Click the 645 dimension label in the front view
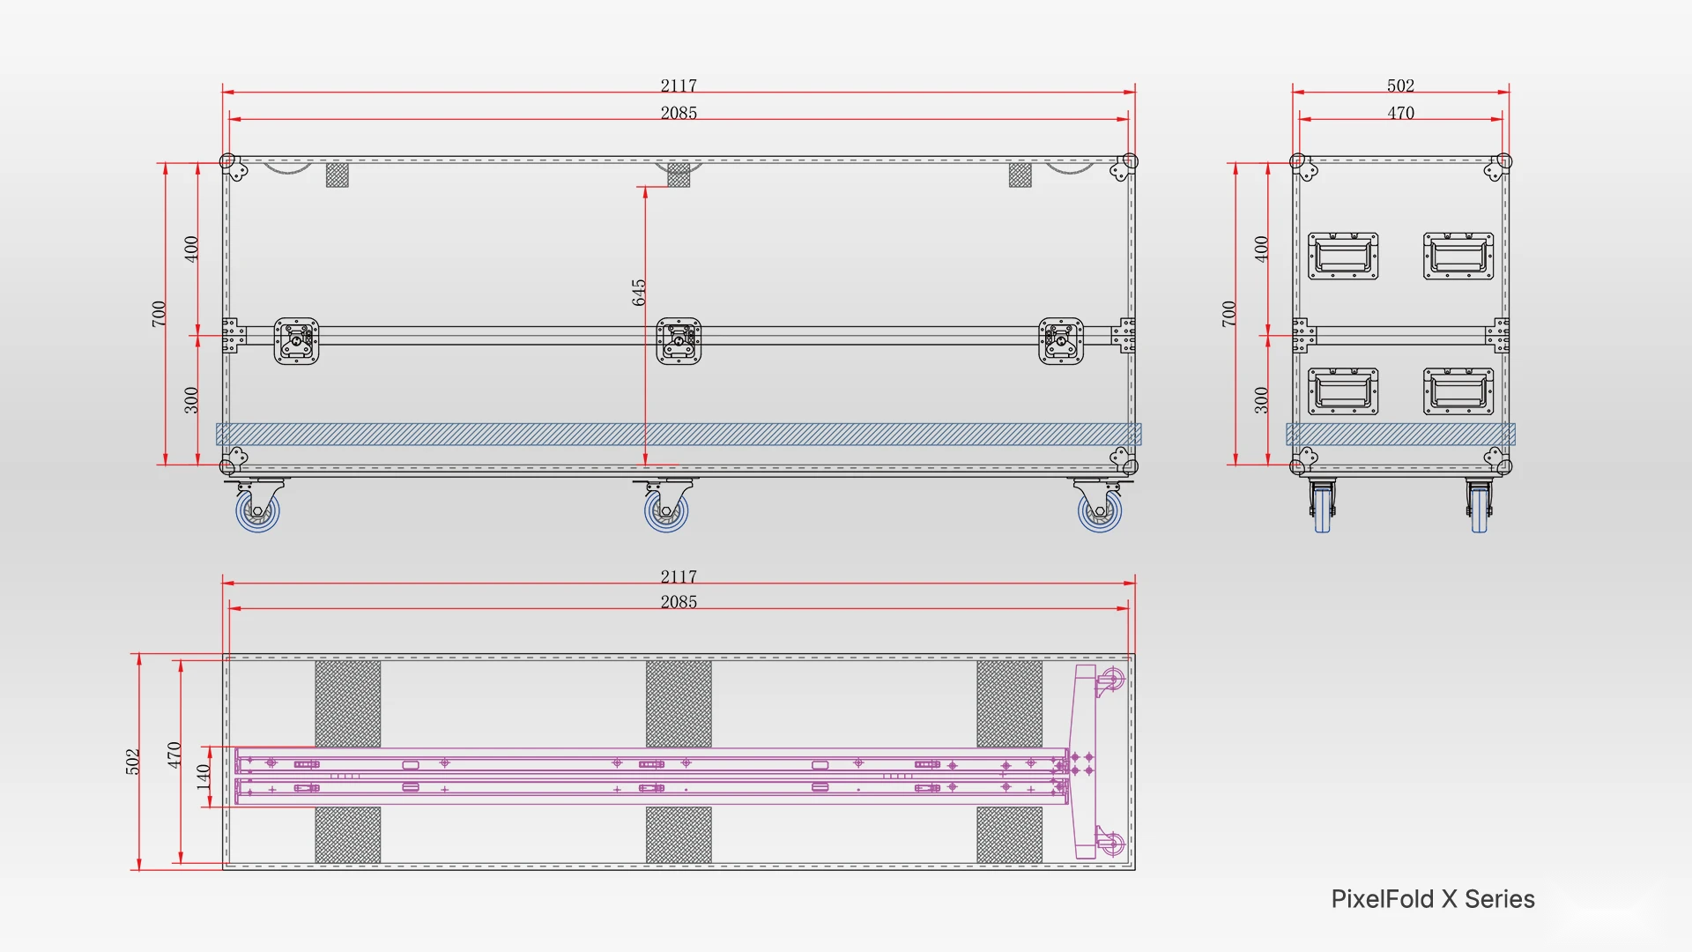(639, 293)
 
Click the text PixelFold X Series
(1433, 899)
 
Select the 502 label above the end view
(1400, 86)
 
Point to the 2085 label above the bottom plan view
(679, 602)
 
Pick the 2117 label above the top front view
(679, 86)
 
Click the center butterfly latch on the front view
(679, 341)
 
